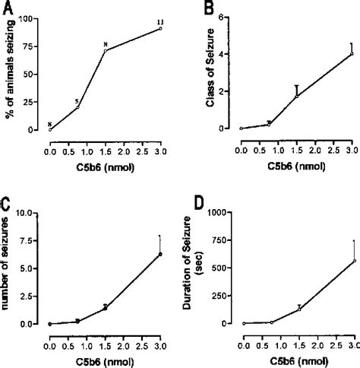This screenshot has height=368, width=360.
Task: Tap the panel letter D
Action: point(200,206)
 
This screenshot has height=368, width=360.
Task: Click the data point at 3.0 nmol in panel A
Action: point(160,29)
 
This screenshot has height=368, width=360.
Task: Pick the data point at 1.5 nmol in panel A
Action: point(105,51)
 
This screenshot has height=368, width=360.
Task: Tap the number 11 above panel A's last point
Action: point(160,21)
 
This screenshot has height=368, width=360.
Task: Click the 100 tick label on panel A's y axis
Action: point(33,17)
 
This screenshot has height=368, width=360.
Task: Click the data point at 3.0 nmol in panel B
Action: point(352,54)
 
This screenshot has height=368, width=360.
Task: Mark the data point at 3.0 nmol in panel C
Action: point(160,254)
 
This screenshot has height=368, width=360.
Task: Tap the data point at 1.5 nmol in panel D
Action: point(299,309)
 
